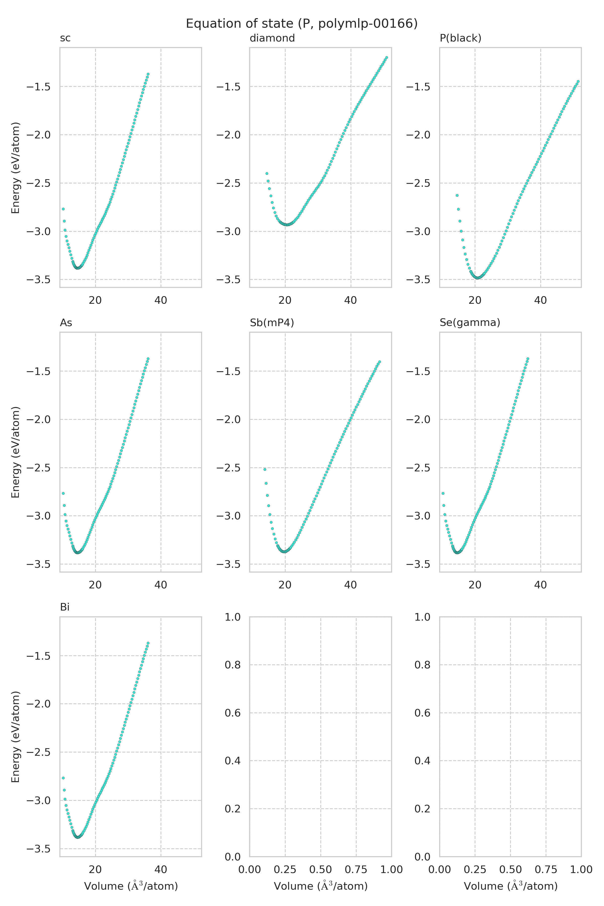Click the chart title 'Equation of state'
[x=301, y=24]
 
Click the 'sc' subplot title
[x=65, y=38]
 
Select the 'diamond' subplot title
[x=272, y=38]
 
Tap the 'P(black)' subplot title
[x=460, y=38]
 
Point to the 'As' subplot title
[x=66, y=323]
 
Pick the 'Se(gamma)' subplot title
[x=470, y=323]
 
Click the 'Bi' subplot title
[x=65, y=607]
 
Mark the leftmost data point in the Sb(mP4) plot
[x=265, y=469]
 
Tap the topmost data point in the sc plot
[x=148, y=74]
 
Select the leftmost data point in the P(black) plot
[x=457, y=195]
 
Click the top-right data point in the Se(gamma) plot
[x=528, y=359]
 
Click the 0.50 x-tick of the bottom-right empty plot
[x=510, y=870]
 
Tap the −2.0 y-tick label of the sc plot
[x=39, y=135]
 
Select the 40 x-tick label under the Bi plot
[x=161, y=870]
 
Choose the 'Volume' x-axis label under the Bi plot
[x=131, y=886]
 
